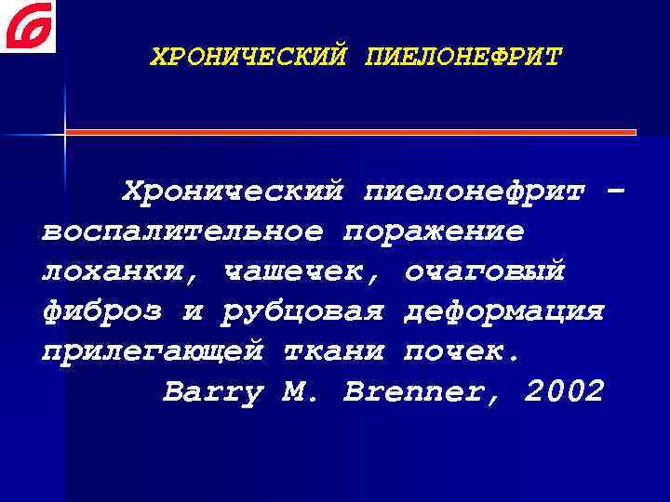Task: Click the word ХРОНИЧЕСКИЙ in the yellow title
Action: [x=249, y=58]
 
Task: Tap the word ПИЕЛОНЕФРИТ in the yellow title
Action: [x=464, y=58]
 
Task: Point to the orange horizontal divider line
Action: [x=350, y=132]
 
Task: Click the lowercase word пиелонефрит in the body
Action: [x=476, y=192]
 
